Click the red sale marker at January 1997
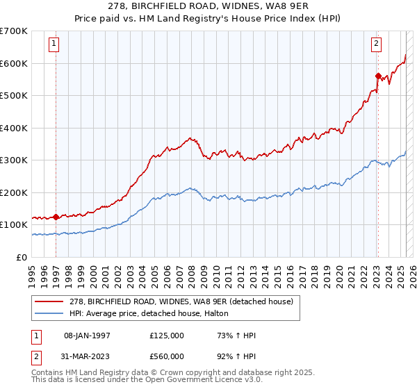point(56,217)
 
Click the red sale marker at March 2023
point(378,76)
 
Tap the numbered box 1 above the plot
point(54,44)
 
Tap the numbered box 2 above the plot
point(376,44)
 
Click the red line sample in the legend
point(49,301)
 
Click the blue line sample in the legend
point(49,314)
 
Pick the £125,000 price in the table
point(167,336)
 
